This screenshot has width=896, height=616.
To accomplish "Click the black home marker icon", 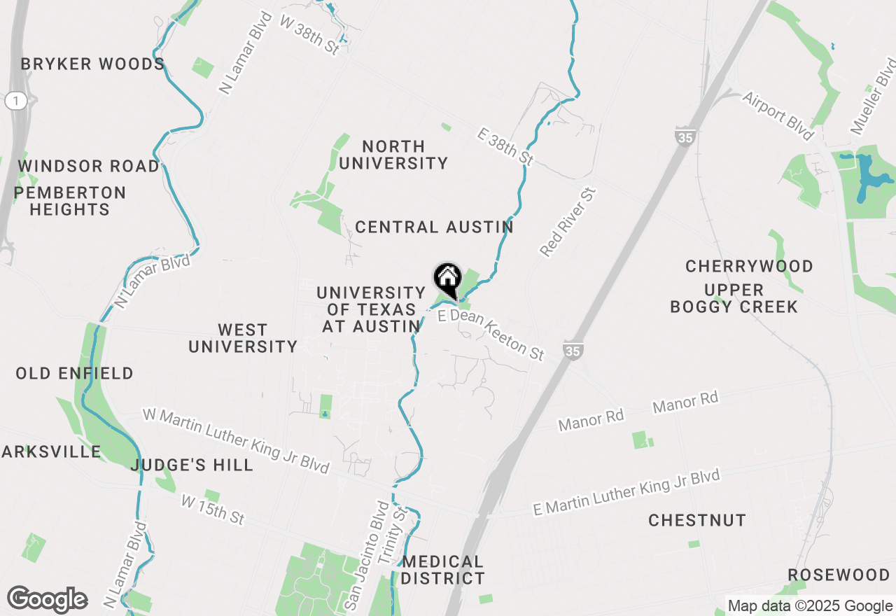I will tap(447, 279).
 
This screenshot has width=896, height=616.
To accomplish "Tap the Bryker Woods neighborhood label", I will tap(92, 64).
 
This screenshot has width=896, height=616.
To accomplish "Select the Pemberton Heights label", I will tap(69, 201).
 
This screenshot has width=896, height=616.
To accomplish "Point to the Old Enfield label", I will tap(75, 374).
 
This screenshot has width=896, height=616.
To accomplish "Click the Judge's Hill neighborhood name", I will tap(192, 465).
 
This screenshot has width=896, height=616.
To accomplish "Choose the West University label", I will tap(243, 338).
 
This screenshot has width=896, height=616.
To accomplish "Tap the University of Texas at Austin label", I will tap(371, 309).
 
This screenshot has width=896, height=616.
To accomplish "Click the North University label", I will tap(393, 155).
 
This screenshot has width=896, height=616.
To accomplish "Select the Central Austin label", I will tap(434, 227).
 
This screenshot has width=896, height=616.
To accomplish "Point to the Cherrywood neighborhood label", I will tap(749, 267).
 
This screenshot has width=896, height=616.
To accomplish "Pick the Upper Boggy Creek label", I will tap(734, 298).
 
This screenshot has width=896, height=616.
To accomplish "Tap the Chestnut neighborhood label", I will tap(697, 521).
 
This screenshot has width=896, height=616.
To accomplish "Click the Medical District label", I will tap(443, 570).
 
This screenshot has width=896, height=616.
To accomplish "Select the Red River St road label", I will tap(568, 222).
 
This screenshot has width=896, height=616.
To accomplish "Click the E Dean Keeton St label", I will tap(491, 335).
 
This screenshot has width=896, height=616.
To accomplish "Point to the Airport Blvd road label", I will tap(779, 116).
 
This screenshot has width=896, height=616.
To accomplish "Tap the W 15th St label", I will tap(213, 510).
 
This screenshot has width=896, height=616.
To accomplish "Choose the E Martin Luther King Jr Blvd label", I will tap(626, 493).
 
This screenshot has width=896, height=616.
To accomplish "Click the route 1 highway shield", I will tap(15, 101).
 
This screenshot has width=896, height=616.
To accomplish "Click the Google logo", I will tap(48, 599).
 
